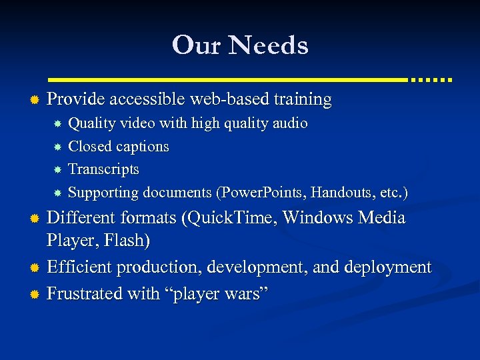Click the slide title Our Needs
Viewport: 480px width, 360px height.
[x=240, y=45]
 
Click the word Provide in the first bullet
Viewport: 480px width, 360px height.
[x=76, y=99]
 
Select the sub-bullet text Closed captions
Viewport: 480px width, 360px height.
[x=119, y=146]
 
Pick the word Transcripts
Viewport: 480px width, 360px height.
[x=104, y=169]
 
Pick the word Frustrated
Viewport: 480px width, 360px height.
[x=83, y=293]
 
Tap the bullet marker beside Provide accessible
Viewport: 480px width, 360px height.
[x=34, y=100]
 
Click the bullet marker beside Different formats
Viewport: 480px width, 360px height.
[x=34, y=219]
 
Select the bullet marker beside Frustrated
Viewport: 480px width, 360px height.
[x=34, y=294]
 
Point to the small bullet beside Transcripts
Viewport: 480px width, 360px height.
[x=58, y=170]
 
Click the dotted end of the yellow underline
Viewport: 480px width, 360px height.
[x=431, y=79]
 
